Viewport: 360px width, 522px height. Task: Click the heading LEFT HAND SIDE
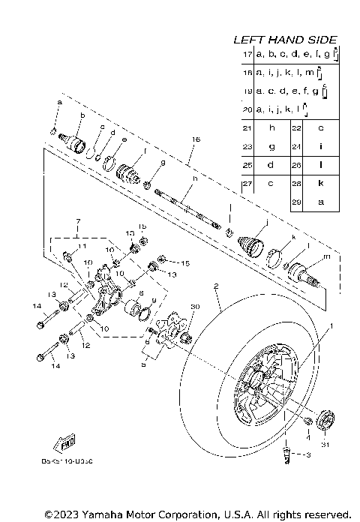tap(285, 39)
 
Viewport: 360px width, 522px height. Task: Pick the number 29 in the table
tap(296, 202)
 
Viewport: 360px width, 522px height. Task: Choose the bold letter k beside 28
tap(320, 184)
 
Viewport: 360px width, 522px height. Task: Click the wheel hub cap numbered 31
tap(324, 418)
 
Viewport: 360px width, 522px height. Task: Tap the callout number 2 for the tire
tap(215, 286)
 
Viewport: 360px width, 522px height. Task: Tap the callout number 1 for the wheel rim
tap(328, 326)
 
